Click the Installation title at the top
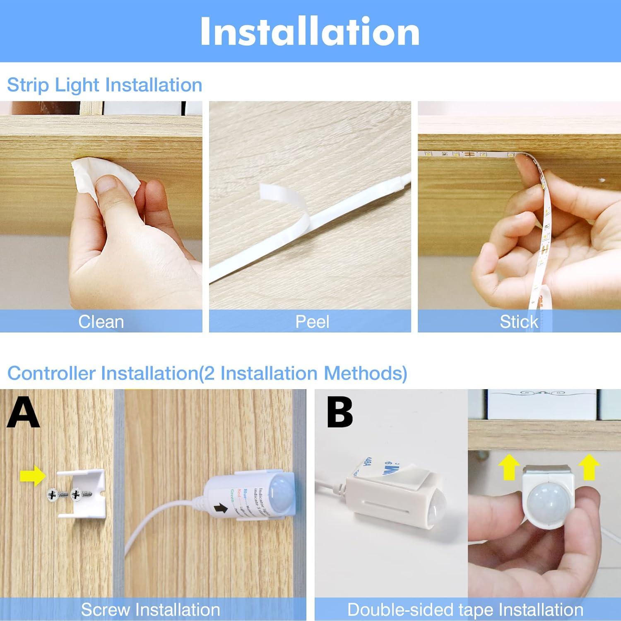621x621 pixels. click(310, 31)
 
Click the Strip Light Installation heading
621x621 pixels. click(104, 85)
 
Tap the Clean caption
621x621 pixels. click(101, 322)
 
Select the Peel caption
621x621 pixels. click(312, 322)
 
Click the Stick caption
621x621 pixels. click(519, 322)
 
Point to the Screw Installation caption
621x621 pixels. click(150, 610)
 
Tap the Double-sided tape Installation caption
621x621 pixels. click(465, 610)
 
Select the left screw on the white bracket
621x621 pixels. click(54, 494)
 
